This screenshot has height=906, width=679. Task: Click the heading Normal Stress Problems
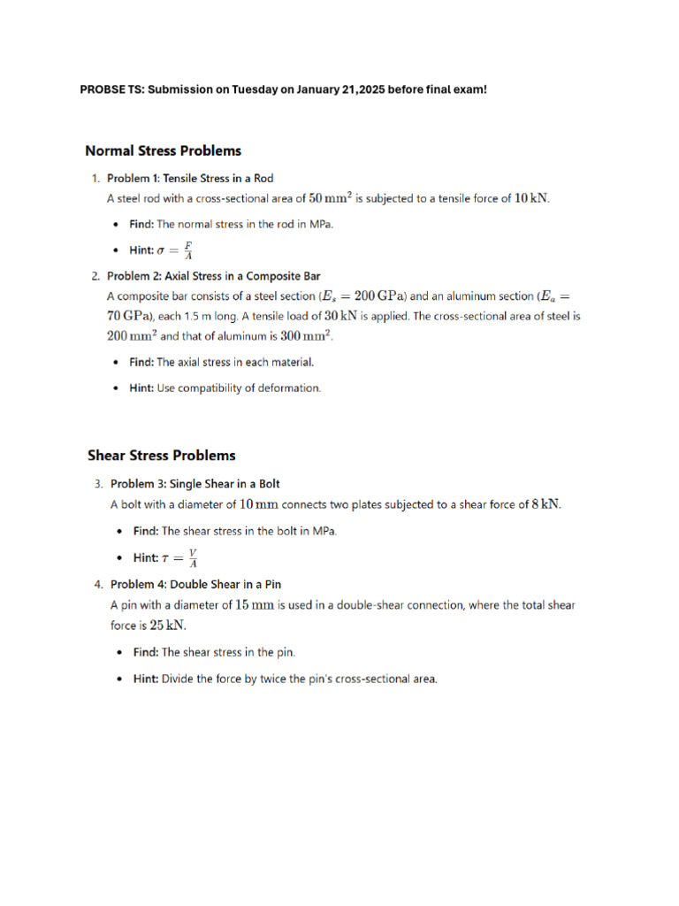(x=163, y=151)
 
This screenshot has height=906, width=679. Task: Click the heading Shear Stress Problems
(x=162, y=456)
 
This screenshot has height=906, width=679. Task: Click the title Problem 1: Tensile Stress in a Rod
(x=190, y=178)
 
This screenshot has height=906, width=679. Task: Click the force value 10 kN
(x=531, y=199)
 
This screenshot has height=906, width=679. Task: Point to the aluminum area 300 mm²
(x=303, y=336)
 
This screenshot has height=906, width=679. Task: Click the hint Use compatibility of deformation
(x=239, y=388)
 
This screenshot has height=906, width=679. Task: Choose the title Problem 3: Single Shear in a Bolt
(x=195, y=484)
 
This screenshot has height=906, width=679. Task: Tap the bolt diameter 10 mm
(x=259, y=505)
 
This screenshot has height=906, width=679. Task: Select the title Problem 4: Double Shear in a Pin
(x=195, y=584)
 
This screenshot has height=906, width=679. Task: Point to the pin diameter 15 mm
(x=255, y=605)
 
